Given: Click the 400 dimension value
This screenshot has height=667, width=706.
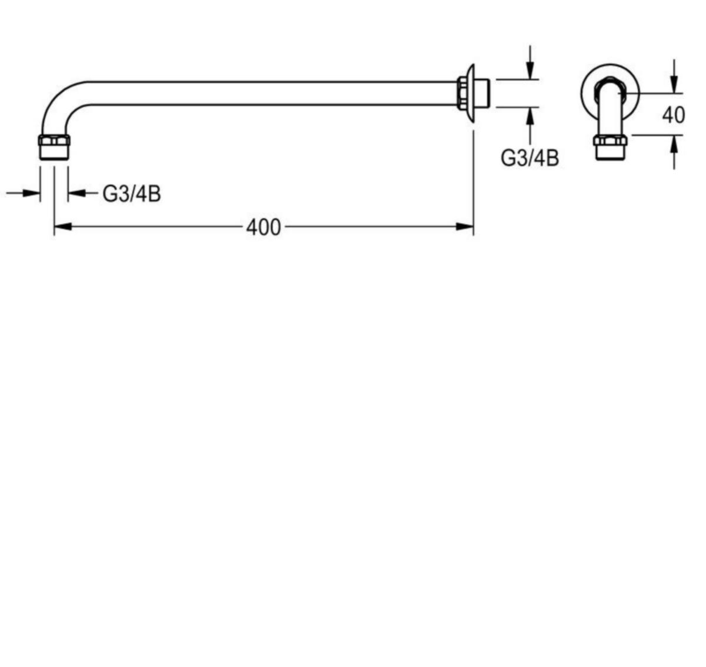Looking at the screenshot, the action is point(263,227).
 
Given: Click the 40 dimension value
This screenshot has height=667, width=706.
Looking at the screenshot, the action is point(673,115).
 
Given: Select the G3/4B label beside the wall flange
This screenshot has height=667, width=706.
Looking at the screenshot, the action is point(529,158).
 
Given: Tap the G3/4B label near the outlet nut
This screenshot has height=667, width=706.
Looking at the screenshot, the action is point(132,194).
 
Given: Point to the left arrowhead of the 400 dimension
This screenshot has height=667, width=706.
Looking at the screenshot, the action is point(63,227).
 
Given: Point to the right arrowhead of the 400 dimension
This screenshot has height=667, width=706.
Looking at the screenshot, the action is point(465,227).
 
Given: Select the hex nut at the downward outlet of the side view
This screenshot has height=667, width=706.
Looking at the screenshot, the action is point(54,140).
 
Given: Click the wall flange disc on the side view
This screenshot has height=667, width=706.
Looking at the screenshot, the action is point(470,93).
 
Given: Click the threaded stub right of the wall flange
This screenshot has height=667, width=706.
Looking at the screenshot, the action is point(482,93).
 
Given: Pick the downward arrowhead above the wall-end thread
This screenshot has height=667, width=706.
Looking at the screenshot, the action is point(530,71).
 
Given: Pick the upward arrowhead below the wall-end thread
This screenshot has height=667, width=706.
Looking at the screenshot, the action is point(530,116).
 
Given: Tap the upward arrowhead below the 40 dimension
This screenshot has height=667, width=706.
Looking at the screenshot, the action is point(674,144).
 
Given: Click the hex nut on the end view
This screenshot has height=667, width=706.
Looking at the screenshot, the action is point(610,140).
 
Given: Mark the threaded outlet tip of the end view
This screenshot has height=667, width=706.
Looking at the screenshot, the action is point(610,153).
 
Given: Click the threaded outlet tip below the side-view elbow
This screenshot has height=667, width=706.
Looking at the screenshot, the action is point(54,153).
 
